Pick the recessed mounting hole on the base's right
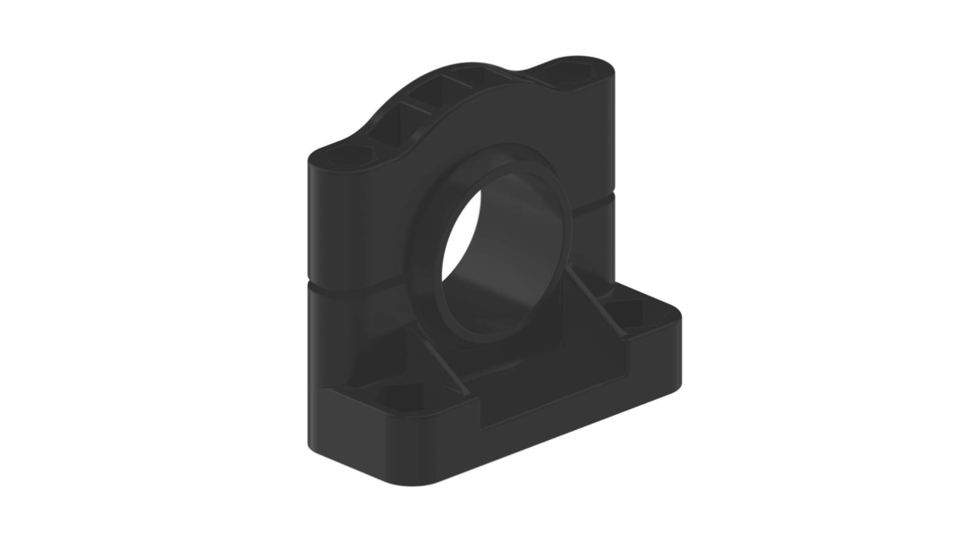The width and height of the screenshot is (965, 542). coord(635,313)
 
